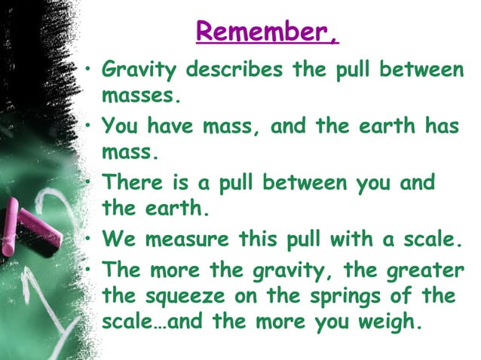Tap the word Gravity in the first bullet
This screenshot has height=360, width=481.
pos(139,72)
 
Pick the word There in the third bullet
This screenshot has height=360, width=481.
pos(128,182)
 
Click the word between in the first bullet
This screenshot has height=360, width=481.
pos(421,71)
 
